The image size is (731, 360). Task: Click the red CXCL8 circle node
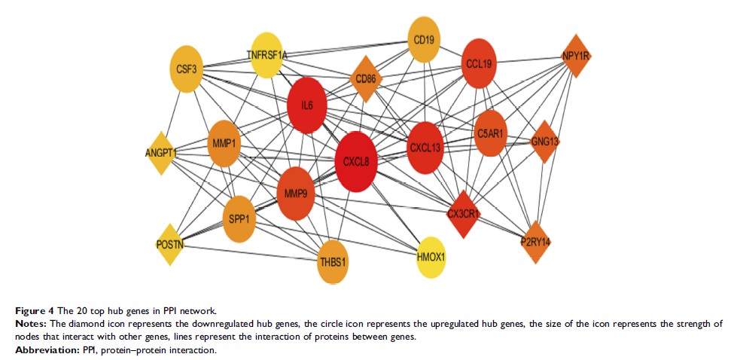(355, 161)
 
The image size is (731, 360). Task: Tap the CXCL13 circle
(425, 148)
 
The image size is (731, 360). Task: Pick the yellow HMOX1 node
(431, 257)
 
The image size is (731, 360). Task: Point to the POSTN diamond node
(170, 244)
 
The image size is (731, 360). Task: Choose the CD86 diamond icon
(366, 78)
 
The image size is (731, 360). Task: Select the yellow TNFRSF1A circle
(267, 54)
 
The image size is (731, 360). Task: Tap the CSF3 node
(186, 70)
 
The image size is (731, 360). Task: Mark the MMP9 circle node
(295, 194)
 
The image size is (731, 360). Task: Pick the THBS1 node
(333, 262)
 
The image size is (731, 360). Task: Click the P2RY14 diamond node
(535, 242)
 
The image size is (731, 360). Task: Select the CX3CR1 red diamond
(464, 214)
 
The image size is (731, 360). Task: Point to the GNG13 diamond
(545, 141)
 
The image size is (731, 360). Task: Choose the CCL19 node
(478, 63)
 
